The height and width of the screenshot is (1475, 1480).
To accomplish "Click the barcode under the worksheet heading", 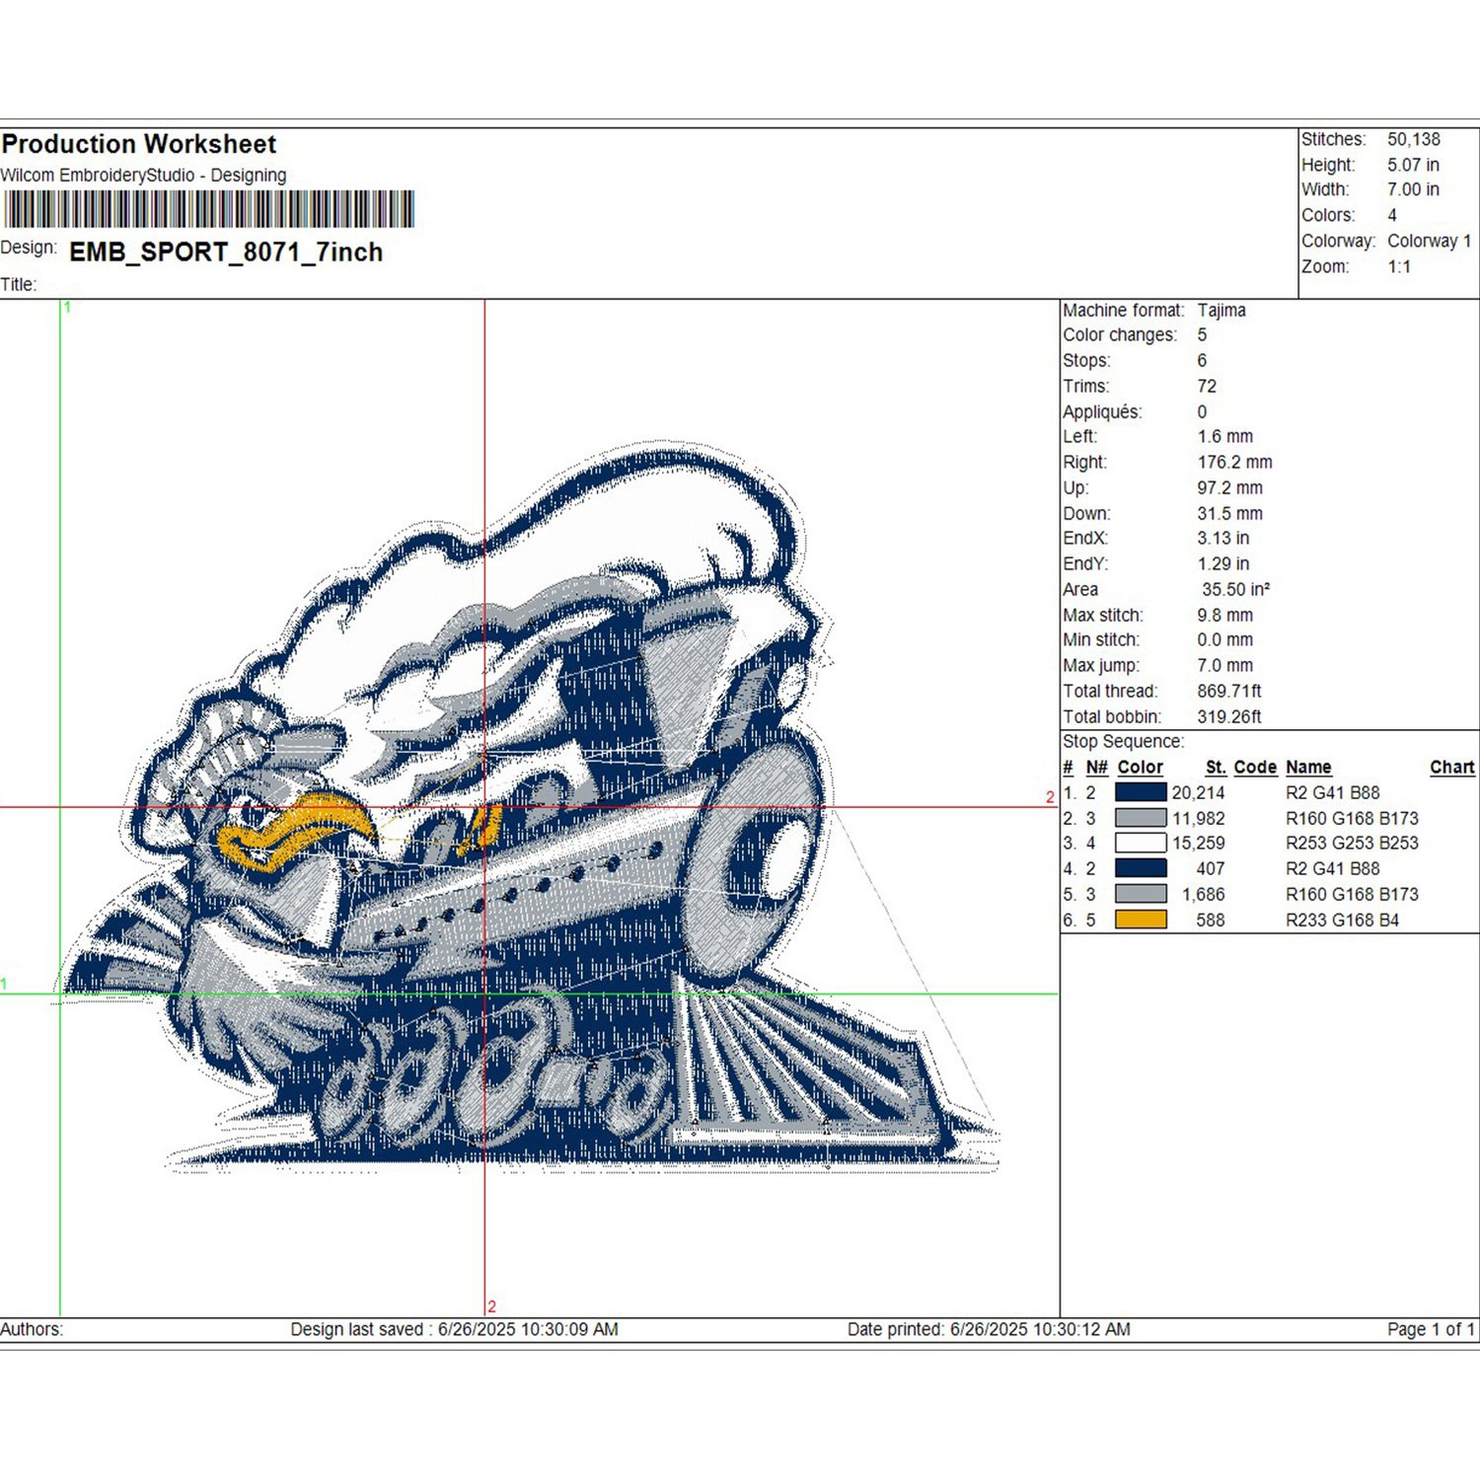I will (208, 209).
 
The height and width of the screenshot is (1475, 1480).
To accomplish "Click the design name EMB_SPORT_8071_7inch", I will (226, 253).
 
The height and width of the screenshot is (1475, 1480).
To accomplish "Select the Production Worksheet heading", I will (139, 144).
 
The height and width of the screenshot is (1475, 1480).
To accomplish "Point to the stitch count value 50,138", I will (1413, 139).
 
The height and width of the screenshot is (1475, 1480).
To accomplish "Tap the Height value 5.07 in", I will (1413, 165).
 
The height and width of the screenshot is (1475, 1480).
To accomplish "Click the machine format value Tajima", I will (1221, 310).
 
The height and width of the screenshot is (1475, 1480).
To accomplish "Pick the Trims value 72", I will (1207, 386).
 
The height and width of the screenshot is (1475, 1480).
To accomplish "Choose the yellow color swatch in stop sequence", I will (1141, 920).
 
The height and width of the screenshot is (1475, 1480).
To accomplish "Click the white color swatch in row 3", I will (1141, 844).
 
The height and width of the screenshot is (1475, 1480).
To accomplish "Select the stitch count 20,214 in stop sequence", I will (1198, 792).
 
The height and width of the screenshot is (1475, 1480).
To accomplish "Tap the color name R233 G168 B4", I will (1342, 920).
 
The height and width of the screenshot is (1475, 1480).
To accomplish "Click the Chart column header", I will (1451, 767).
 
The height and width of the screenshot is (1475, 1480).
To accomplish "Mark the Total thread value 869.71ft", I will (1228, 691).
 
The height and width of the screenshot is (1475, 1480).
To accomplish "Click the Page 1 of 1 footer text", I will (1430, 1329).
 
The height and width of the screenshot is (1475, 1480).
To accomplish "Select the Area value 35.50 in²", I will (1235, 589).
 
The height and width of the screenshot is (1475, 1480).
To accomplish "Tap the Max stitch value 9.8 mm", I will (1224, 615).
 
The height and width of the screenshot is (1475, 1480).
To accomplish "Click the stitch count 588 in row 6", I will (1210, 920).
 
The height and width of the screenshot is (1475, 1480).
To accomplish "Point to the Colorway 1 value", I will (1429, 241).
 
